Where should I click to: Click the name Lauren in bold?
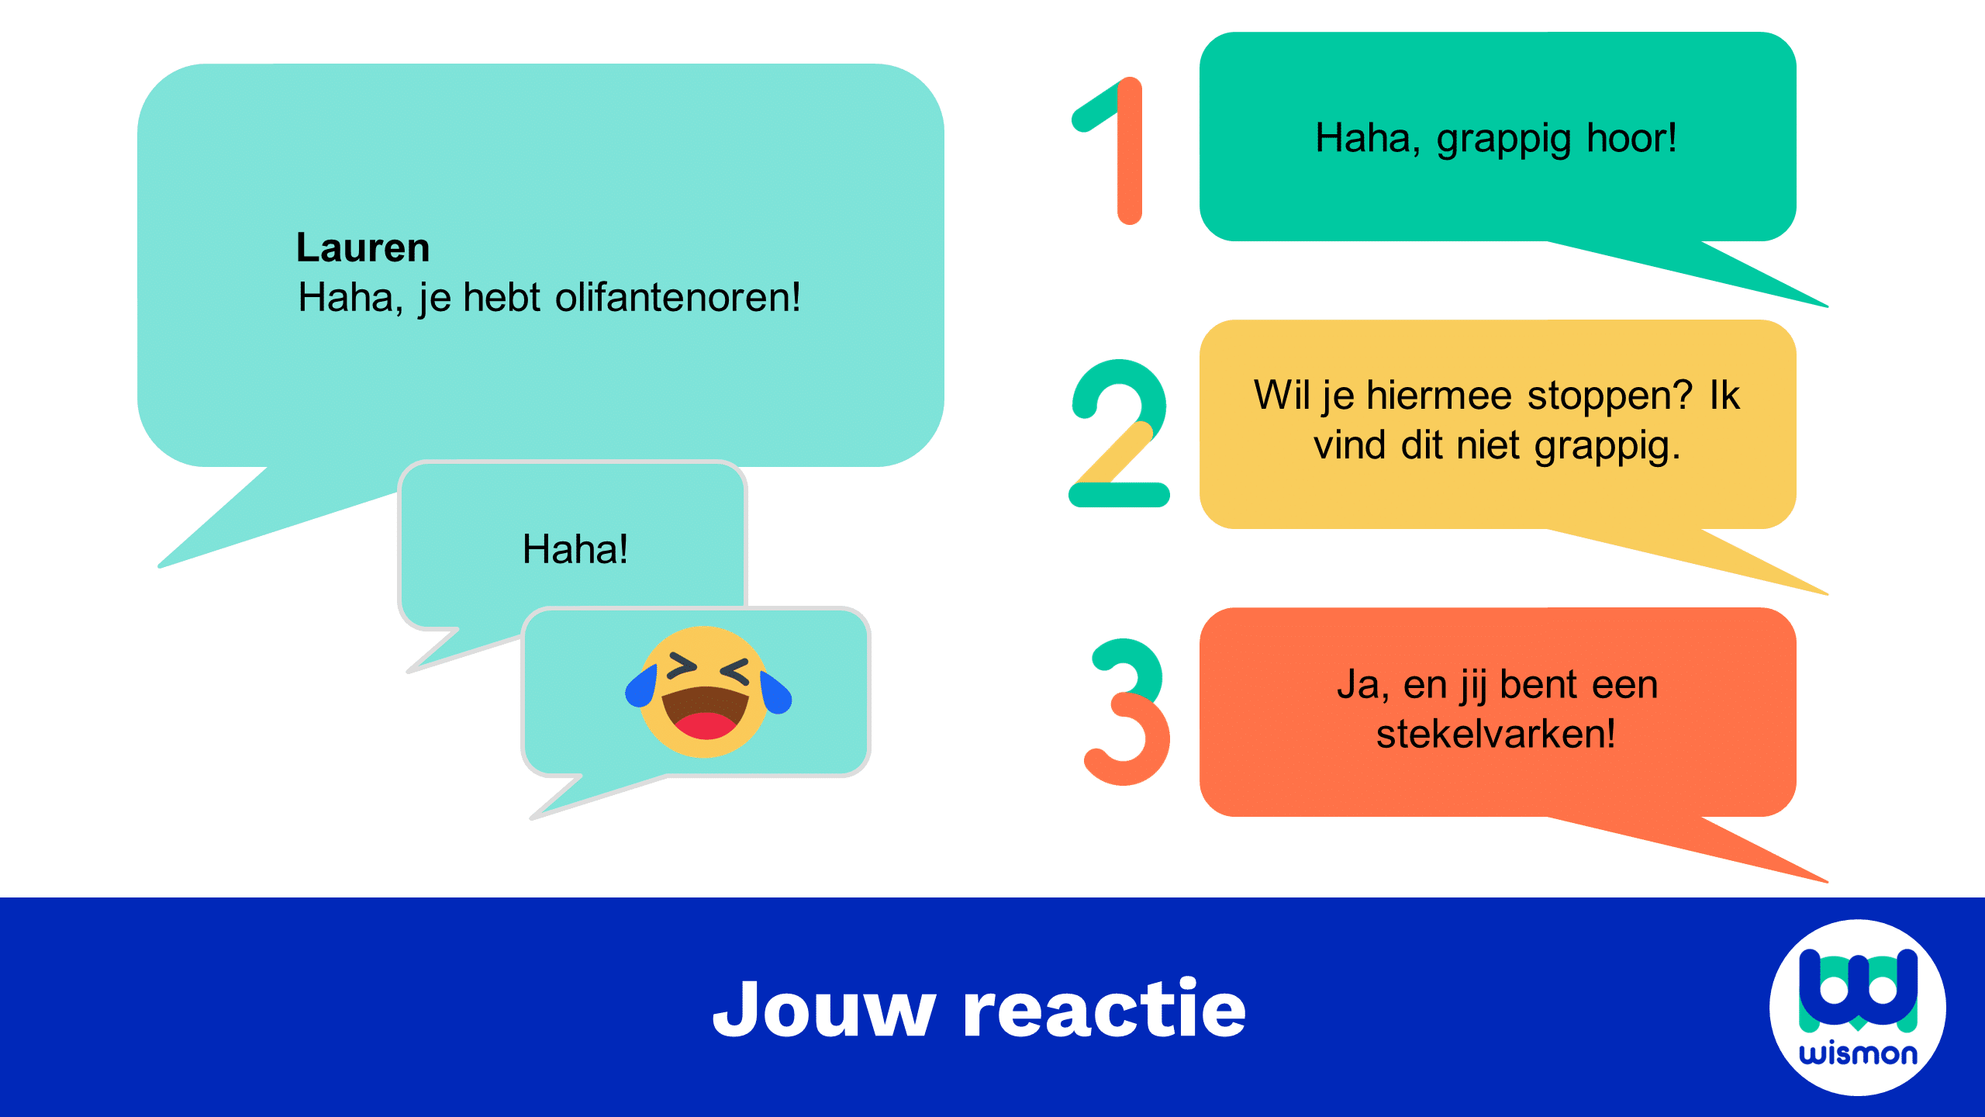coord(363,248)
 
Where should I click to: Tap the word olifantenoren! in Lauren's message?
coord(678,297)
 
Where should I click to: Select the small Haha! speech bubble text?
coord(575,549)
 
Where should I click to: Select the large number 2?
coord(1119,433)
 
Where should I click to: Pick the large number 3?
coord(1127,711)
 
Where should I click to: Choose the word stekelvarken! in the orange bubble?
coord(1496,734)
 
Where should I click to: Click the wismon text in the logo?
coord(1858,1053)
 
